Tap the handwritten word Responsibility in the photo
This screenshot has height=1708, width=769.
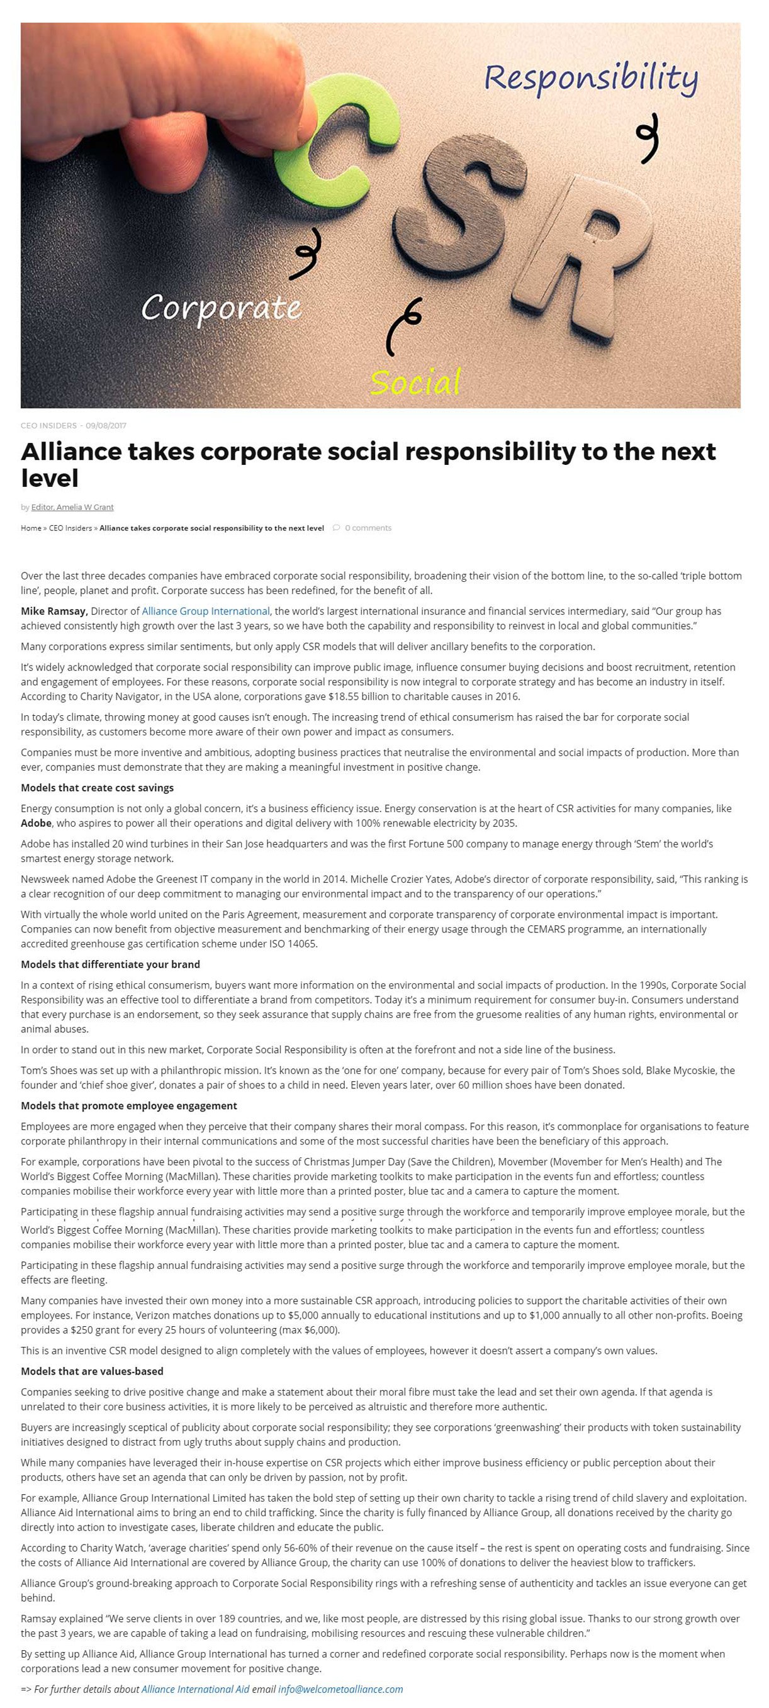[x=590, y=79]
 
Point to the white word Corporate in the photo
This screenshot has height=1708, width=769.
[x=221, y=308]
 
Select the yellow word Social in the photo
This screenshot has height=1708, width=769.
[x=415, y=382]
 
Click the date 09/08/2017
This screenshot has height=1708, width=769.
[x=106, y=426]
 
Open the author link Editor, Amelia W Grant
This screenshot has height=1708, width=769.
[x=72, y=507]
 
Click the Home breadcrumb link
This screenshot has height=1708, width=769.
[x=31, y=528]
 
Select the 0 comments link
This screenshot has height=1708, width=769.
[x=368, y=528]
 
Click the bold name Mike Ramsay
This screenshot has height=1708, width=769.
[x=53, y=611]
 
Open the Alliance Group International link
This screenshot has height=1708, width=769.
[x=206, y=611]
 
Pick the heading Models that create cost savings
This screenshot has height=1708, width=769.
[x=97, y=788]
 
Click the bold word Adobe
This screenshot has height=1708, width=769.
[x=36, y=823]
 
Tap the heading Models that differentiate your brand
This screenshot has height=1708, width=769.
[x=110, y=965]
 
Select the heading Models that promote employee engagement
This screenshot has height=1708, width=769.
[x=129, y=1106]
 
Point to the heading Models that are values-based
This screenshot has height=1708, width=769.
[x=92, y=1371]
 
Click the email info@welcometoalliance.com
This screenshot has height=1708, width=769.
[x=340, y=1689]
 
